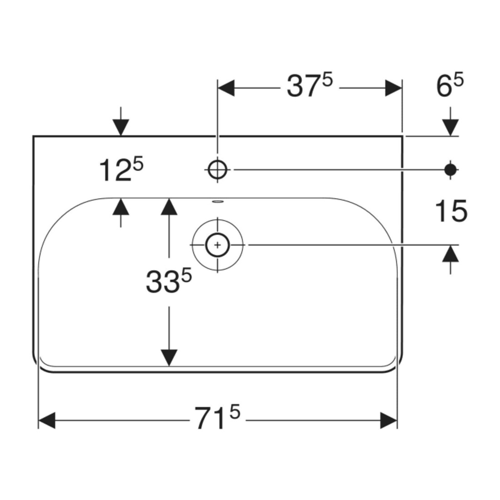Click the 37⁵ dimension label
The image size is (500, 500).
[x=310, y=85]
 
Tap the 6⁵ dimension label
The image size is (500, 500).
[x=450, y=85]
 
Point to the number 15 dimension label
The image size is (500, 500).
[x=451, y=211]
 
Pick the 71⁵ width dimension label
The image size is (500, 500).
[x=217, y=417]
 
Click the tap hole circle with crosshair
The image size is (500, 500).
[x=217, y=170]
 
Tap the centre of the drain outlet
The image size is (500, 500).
[x=217, y=245]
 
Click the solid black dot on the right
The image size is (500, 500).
[x=450, y=170]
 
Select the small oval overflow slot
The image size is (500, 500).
[x=218, y=201]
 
